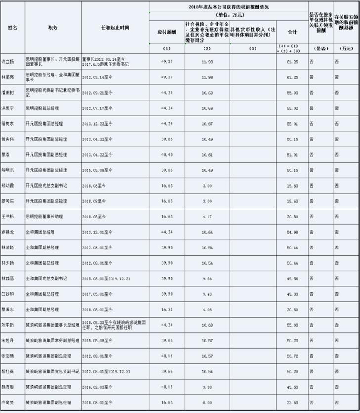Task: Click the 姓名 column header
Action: tap(12, 27)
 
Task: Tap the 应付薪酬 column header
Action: tap(166, 32)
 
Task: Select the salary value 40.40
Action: tap(166, 154)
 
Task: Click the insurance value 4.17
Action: tap(207, 216)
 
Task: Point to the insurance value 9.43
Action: tap(207, 294)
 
